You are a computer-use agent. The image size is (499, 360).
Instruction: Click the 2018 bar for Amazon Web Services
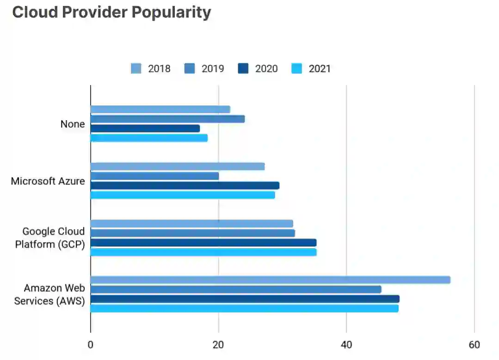(270, 280)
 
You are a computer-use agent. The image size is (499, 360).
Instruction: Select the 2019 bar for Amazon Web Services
(236, 289)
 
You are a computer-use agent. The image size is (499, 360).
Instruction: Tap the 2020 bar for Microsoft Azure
(185, 185)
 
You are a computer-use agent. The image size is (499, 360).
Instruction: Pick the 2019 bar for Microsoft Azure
(154, 176)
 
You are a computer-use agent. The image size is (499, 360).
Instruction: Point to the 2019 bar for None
(167, 119)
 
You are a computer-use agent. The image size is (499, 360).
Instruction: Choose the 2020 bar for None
(145, 128)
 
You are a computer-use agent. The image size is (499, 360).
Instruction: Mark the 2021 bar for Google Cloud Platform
(203, 252)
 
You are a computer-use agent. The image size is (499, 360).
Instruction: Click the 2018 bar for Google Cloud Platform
(191, 224)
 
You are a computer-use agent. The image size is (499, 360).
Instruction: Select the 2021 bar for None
(149, 138)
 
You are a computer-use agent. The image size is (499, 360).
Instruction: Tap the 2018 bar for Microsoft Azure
(178, 166)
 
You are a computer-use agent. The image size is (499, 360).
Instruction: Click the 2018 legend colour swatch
(136, 69)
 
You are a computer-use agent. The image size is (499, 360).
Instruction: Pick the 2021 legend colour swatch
(296, 69)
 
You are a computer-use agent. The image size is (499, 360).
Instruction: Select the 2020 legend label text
(266, 69)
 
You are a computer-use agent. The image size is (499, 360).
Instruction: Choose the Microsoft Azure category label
(48, 181)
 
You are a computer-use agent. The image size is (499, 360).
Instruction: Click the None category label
(73, 124)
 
